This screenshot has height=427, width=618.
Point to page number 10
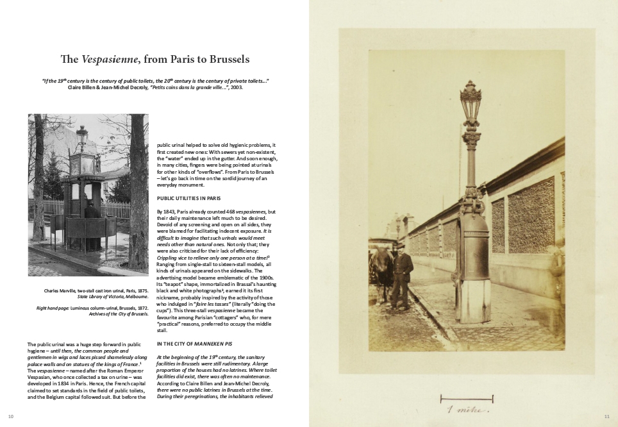(10, 417)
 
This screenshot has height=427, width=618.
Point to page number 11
(606, 417)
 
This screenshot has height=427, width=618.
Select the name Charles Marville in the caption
(61, 290)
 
